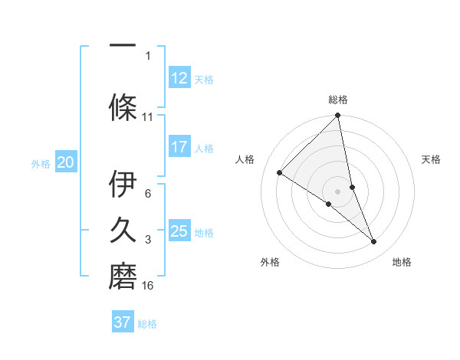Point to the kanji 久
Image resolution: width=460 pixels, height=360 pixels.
point(123,229)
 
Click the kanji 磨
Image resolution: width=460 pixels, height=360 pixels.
point(123,273)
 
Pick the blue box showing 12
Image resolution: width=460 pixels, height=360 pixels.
point(179,77)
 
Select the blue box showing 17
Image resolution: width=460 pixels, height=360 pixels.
point(179,147)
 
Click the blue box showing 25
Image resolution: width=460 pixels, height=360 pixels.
point(179,231)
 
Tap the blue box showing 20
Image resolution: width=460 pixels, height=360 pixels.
point(66,162)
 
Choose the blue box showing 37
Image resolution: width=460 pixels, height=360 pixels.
point(123,322)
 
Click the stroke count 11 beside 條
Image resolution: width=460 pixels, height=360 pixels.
point(148,117)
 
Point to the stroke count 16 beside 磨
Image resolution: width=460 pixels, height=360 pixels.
point(148,286)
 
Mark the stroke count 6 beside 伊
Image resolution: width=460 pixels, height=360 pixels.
point(148,194)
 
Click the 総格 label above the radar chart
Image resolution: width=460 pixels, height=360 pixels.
point(338,100)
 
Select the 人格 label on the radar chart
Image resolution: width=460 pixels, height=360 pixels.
point(245,159)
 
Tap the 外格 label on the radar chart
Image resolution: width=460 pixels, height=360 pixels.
point(270,262)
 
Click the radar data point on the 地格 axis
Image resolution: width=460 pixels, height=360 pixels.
point(374,241)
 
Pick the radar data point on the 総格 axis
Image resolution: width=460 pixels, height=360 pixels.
point(338,116)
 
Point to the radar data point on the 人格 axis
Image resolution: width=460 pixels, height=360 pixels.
point(280,172)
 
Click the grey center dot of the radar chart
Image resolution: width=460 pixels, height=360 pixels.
point(338,191)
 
